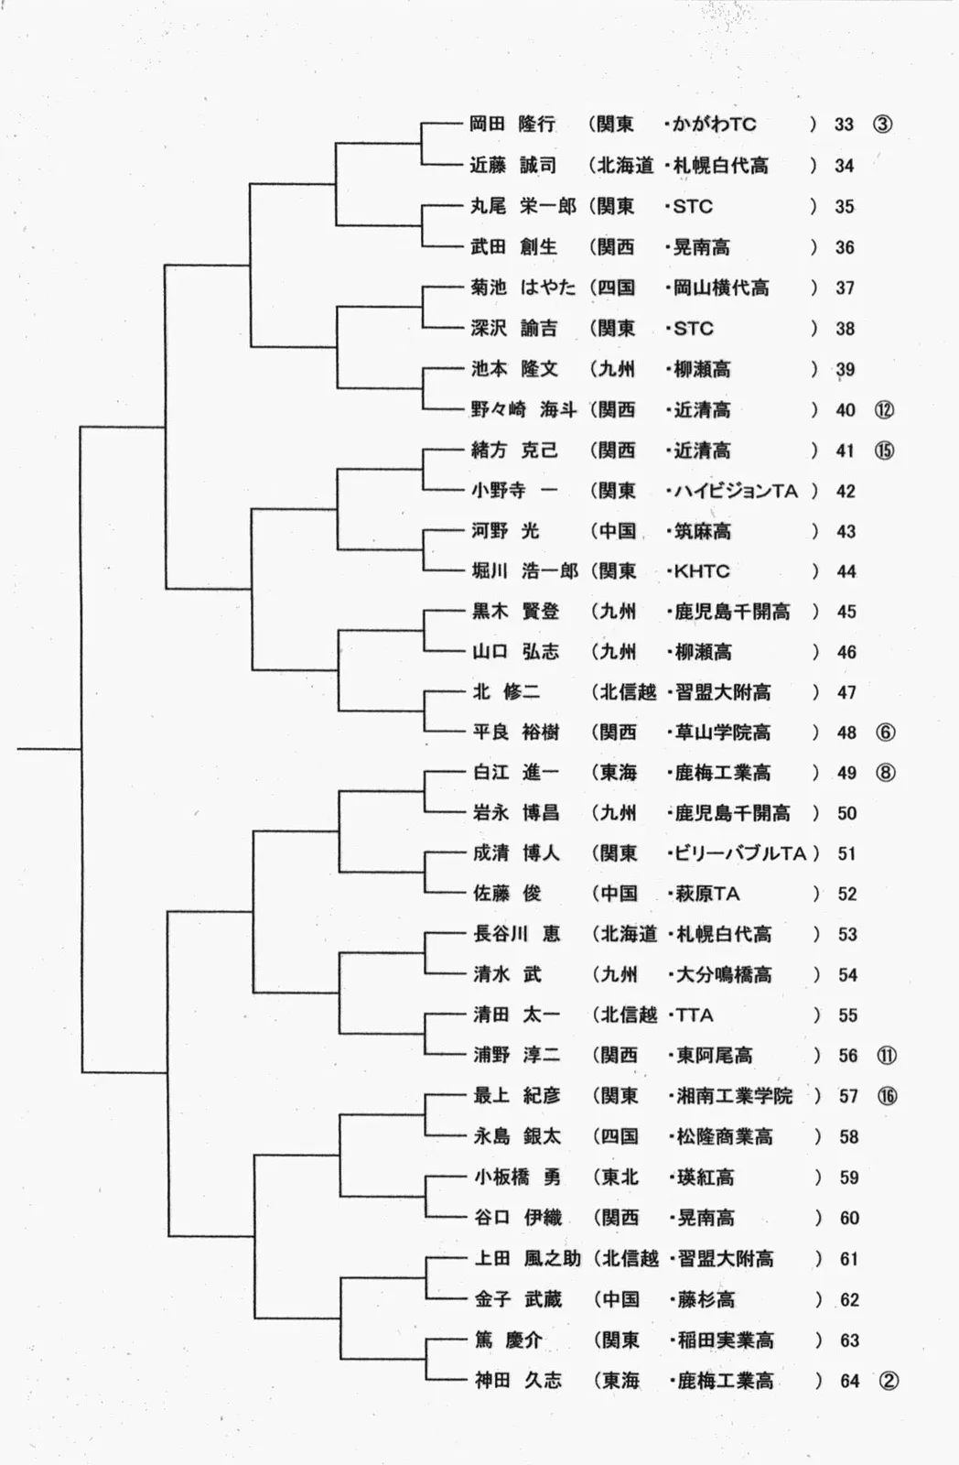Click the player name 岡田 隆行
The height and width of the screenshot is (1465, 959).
[x=512, y=125]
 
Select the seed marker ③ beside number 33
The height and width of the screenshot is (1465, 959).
[x=882, y=125]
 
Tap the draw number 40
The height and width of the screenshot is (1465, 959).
[x=845, y=410]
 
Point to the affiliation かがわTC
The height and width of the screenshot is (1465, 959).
[x=714, y=125]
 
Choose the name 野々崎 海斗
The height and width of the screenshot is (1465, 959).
[x=523, y=410]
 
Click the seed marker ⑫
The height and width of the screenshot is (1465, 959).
[x=884, y=410]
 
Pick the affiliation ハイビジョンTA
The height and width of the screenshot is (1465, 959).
[x=736, y=491]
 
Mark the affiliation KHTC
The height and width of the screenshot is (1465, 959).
[x=702, y=571]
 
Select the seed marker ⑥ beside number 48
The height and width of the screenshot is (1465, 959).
[x=885, y=732]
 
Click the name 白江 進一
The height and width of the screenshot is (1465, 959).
[x=515, y=773]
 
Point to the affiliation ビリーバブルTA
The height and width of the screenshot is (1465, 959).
[x=740, y=853]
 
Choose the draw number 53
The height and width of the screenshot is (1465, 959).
[x=847, y=934]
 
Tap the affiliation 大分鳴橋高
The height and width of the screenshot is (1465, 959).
[x=723, y=975]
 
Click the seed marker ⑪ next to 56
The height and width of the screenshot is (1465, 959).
[x=887, y=1056]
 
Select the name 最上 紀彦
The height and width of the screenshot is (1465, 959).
[x=517, y=1096]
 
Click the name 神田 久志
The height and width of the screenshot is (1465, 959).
[x=518, y=1380]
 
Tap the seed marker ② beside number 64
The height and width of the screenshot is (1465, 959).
[x=888, y=1380]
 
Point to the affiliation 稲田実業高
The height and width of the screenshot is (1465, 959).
[x=725, y=1340]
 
